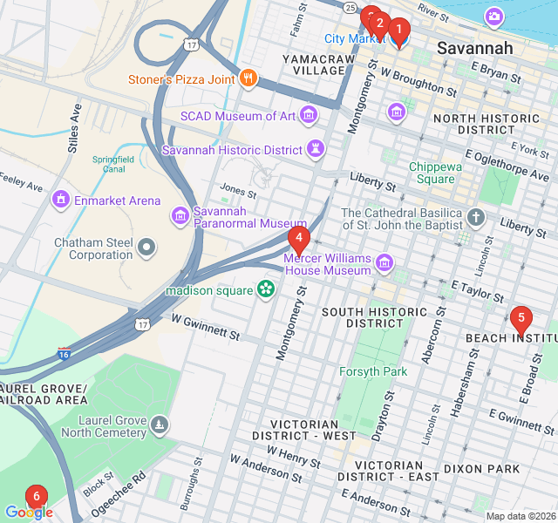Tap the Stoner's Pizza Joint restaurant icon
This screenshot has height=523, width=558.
pos(248,79)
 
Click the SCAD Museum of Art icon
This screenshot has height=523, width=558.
pos(308,115)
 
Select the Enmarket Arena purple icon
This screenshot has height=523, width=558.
pos(60,200)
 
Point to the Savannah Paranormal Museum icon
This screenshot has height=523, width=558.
pos(180,214)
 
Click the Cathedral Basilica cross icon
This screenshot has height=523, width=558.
pos(476,216)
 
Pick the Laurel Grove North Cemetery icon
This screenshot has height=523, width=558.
pos(160,425)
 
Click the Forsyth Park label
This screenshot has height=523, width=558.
pos(372,371)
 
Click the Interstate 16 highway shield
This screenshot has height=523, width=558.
pos(65,354)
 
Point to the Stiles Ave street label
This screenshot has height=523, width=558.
pos(74,128)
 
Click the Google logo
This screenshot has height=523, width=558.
pos(29,513)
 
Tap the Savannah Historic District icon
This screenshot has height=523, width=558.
pos(315,150)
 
